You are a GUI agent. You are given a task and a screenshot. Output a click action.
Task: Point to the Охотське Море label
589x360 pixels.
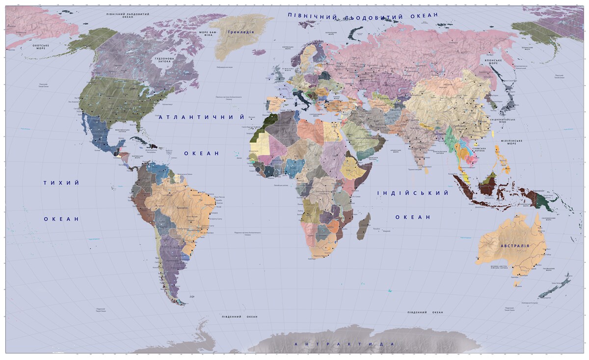click(42, 46)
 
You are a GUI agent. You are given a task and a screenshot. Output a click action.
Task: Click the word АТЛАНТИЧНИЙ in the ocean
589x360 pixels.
click(202, 117)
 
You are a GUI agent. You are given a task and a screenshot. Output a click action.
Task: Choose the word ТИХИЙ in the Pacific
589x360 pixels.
click(61, 183)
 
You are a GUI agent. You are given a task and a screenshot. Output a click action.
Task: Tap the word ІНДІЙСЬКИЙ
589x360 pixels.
click(413, 193)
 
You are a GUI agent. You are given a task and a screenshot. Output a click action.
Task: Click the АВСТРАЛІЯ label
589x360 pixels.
click(514, 246)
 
